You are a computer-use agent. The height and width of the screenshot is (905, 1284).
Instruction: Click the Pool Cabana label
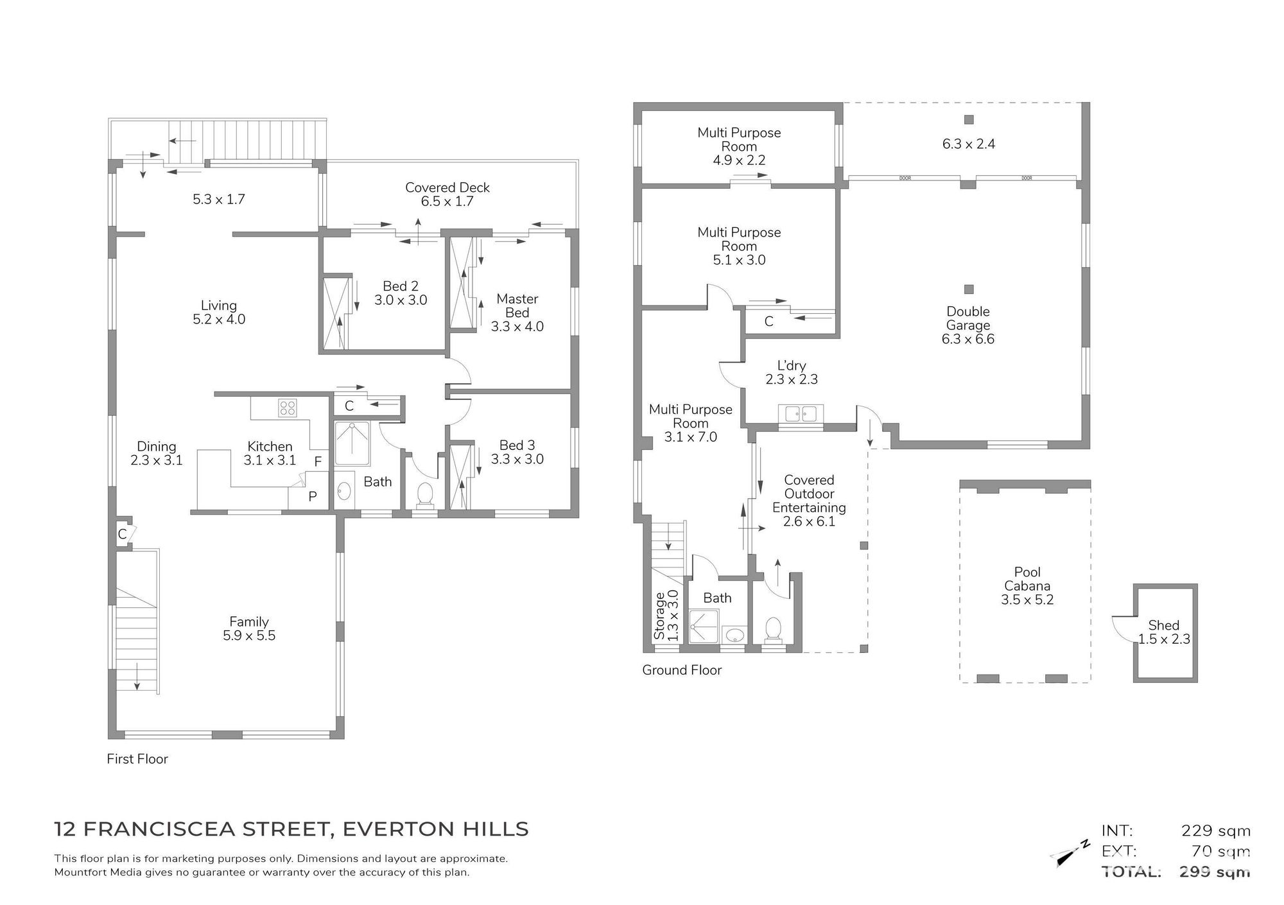pyautogui.click(x=1027, y=579)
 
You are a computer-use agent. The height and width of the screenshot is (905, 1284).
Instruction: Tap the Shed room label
pyautogui.click(x=1164, y=625)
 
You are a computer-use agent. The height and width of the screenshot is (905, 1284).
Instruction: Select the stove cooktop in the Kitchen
pyautogui.click(x=287, y=408)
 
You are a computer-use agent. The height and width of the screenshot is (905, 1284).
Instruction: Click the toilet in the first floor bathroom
pyautogui.click(x=424, y=495)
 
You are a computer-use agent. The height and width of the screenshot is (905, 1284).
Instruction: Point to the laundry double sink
pyautogui.click(x=800, y=414)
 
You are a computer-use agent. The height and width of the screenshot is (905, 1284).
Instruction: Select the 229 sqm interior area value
pyautogui.click(x=1216, y=831)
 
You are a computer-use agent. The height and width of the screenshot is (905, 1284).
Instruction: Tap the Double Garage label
pyautogui.click(x=968, y=318)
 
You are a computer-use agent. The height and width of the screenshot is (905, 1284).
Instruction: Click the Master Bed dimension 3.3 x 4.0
pyautogui.click(x=517, y=327)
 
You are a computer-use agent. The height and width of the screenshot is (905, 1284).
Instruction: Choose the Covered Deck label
pyautogui.click(x=447, y=187)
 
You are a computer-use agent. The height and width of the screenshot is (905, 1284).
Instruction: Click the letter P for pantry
pyautogui.click(x=313, y=497)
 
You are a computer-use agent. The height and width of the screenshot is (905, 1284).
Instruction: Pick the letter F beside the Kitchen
pyautogui.click(x=318, y=461)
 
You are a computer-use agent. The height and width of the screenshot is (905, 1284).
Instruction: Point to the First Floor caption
pyautogui.click(x=137, y=759)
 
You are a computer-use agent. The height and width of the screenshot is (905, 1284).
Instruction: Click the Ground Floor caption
pyautogui.click(x=682, y=670)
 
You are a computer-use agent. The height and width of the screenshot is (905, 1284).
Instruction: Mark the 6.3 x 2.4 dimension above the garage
pyautogui.click(x=969, y=144)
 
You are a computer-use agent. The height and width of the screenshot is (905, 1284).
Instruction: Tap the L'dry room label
pyautogui.click(x=792, y=365)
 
